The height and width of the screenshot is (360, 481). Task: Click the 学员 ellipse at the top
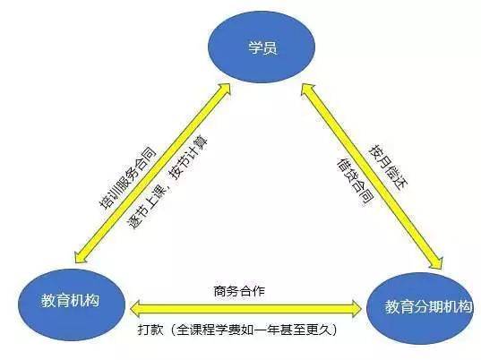pos(262,47)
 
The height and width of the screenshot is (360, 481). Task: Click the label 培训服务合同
pos(128,178)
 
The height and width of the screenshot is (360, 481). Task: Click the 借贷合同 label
pos(356,182)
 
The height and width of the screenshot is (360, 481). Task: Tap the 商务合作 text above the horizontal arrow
pos(239,291)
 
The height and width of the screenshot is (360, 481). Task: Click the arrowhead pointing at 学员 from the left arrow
pos(224,90)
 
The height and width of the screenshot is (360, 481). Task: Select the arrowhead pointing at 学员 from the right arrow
pos(308,90)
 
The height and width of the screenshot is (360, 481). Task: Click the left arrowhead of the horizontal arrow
pos(135,308)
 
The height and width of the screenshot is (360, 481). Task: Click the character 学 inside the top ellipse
pos(255,48)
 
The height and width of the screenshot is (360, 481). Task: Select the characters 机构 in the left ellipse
pos(85,301)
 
